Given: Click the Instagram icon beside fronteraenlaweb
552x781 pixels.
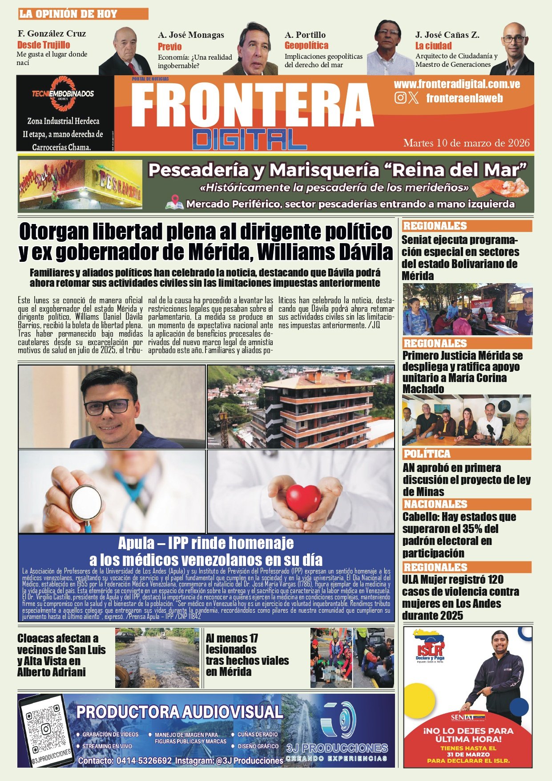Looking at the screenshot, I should (x=400, y=98).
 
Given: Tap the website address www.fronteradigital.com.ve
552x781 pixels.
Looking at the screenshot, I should (x=457, y=84).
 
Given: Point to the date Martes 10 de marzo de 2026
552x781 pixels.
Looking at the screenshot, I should (x=466, y=143).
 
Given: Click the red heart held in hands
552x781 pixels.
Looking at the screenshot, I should (x=304, y=500).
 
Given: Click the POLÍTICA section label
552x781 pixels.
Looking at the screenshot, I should (x=427, y=454).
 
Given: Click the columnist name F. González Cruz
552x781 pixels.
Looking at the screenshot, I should (x=52, y=33).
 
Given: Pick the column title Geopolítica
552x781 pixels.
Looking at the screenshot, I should (x=306, y=45).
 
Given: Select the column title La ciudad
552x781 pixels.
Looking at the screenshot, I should (x=433, y=46).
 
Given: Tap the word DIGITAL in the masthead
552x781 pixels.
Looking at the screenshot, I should (x=250, y=139).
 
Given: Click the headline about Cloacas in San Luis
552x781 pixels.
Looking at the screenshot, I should (x=62, y=655).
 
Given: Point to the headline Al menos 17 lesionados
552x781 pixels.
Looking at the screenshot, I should (x=247, y=655).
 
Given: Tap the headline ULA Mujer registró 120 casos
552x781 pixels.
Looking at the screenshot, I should (x=460, y=598).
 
